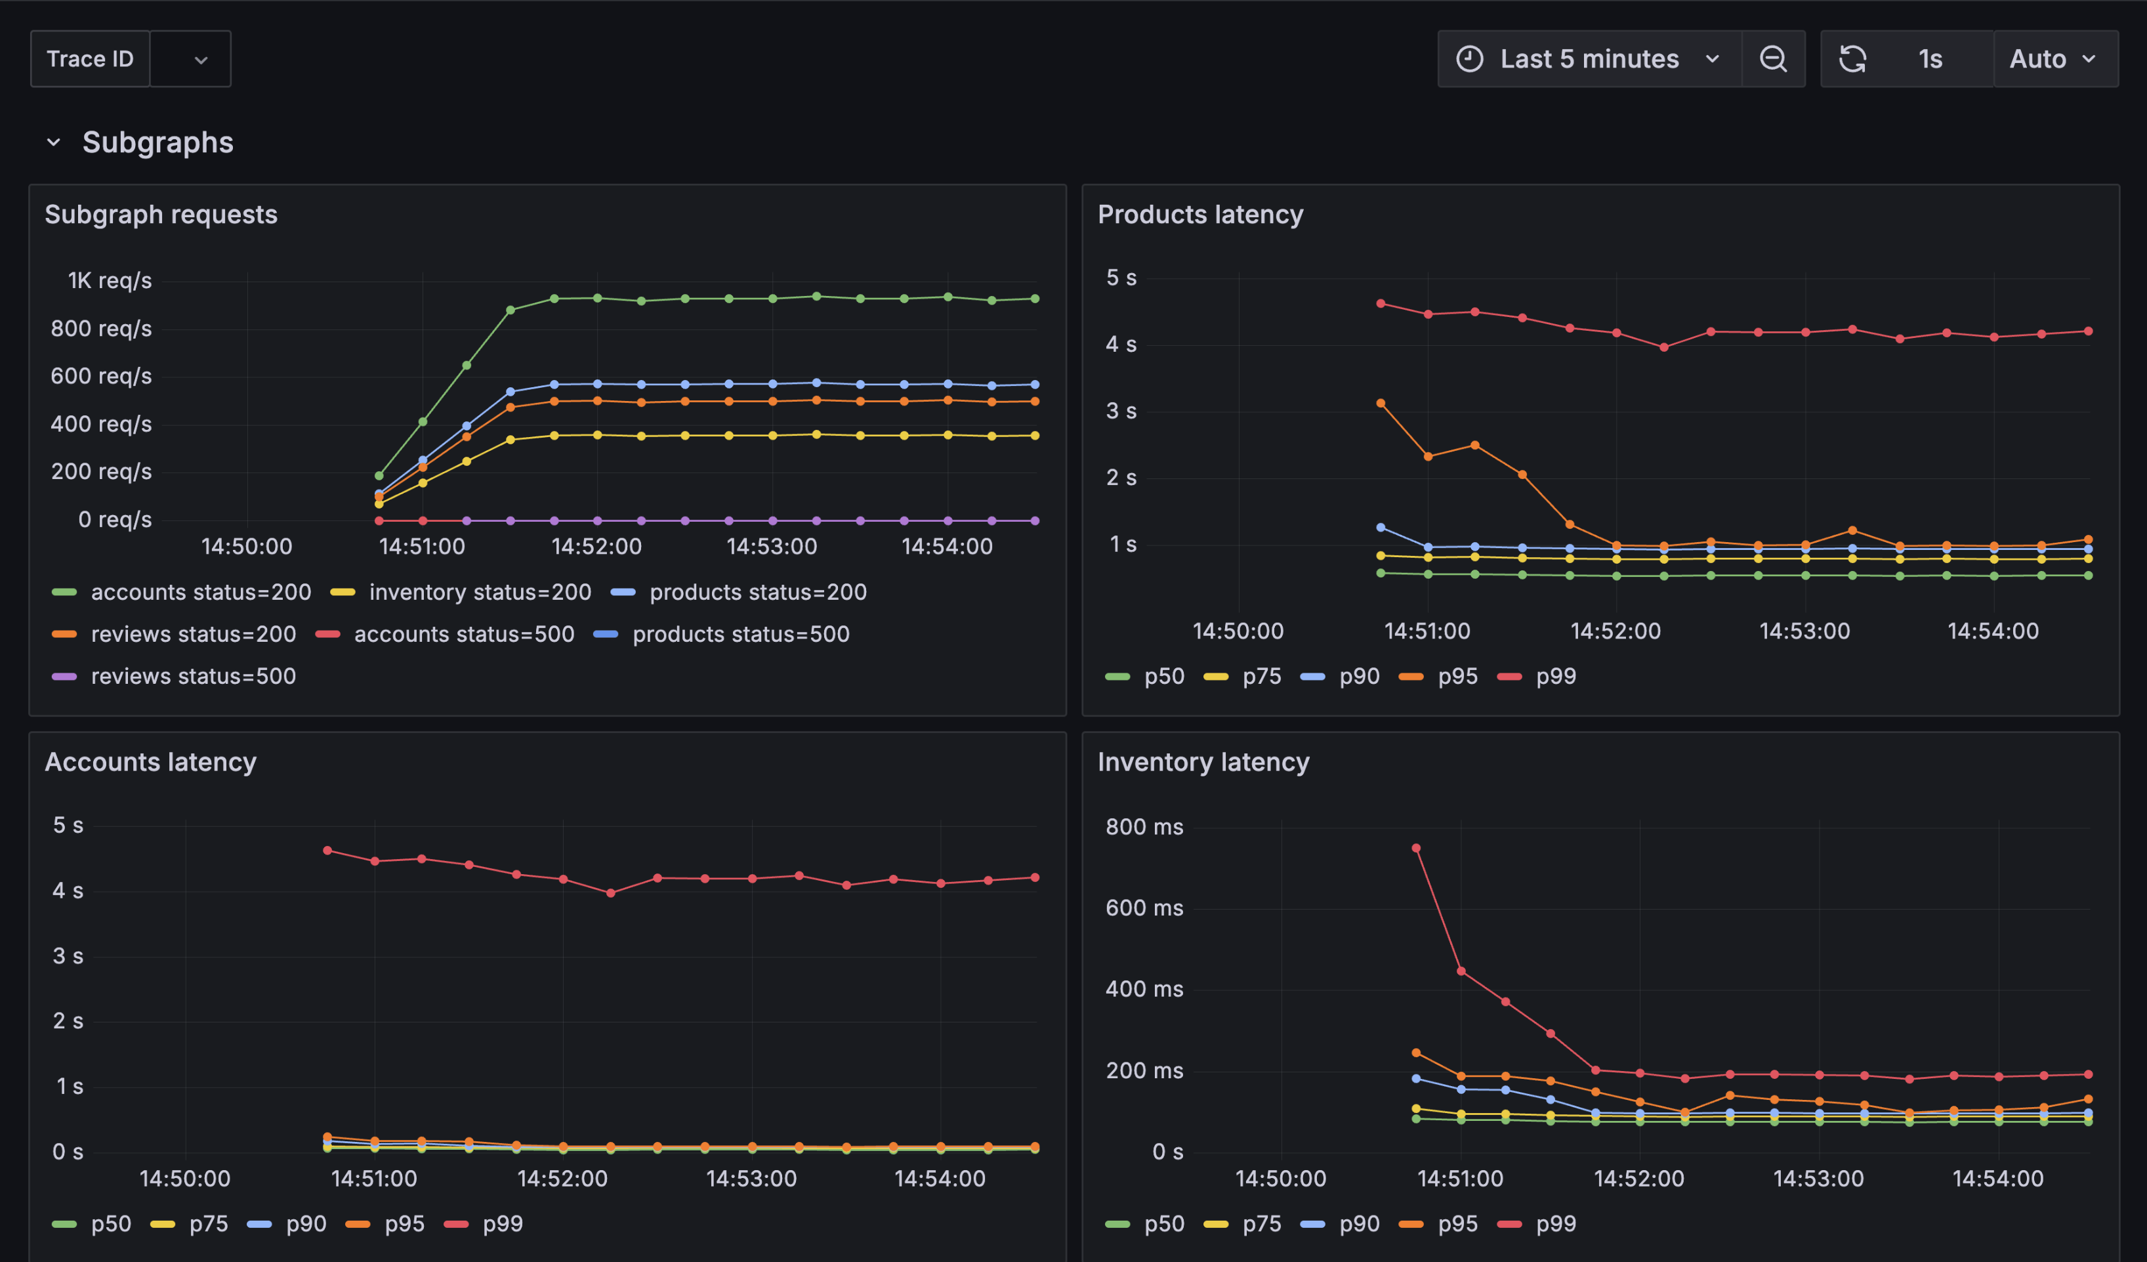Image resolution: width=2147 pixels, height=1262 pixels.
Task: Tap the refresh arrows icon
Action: [1852, 59]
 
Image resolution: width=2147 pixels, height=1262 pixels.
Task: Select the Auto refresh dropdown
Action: [2054, 59]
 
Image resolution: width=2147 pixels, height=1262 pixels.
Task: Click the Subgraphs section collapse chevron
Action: [54, 142]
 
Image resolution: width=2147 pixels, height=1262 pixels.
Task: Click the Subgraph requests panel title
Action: [161, 214]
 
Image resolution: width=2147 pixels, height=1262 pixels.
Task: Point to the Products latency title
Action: [1199, 214]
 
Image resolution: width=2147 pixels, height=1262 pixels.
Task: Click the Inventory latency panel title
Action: [1202, 761]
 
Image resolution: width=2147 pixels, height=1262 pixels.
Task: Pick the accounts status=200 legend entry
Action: [200, 591]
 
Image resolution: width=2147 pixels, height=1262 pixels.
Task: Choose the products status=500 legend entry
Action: [740, 634]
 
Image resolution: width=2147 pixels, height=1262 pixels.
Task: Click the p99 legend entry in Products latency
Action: [1555, 676]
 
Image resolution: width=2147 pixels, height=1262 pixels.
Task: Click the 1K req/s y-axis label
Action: [110, 280]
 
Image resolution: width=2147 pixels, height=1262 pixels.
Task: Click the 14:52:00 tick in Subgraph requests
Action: [596, 546]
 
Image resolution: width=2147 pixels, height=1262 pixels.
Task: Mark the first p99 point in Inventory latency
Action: [1416, 848]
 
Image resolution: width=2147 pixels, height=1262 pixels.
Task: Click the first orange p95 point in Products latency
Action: [1380, 403]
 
